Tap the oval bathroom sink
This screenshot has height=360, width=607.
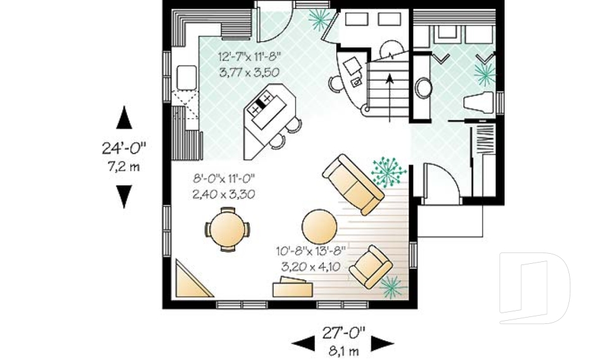pos(423,88)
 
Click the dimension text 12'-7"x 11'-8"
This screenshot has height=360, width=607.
pos(250,56)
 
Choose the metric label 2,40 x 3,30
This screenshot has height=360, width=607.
pos(223,194)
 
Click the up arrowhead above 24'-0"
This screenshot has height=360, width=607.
pos(125,118)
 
